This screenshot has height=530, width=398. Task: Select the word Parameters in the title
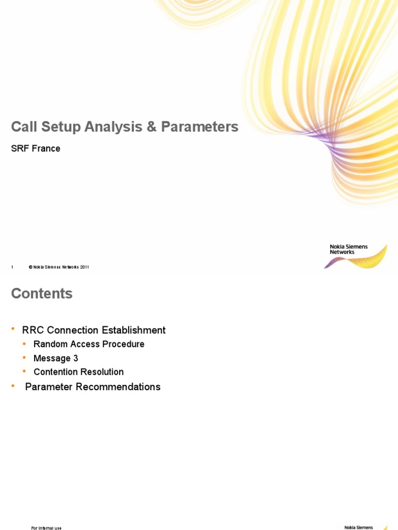pyautogui.click(x=200, y=127)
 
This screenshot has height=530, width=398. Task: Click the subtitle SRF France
pyautogui.click(x=36, y=149)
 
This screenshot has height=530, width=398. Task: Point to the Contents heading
pyautogui.click(x=42, y=293)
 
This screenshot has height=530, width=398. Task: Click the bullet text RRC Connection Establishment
pyautogui.click(x=94, y=330)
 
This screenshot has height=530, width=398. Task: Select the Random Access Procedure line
pyautogui.click(x=89, y=344)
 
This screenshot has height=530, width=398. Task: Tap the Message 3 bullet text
pyautogui.click(x=56, y=358)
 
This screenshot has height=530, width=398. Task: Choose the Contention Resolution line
pyautogui.click(x=78, y=372)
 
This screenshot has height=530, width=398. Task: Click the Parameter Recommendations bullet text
pyautogui.click(x=93, y=387)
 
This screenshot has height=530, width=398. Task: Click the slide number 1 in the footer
pyautogui.click(x=12, y=267)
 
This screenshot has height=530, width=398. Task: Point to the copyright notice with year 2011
pyautogui.click(x=59, y=267)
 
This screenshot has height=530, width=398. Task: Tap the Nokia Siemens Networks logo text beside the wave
pyautogui.click(x=348, y=249)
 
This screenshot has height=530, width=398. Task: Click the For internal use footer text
pyautogui.click(x=46, y=528)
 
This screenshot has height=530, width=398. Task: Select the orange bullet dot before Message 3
pyautogui.click(x=24, y=358)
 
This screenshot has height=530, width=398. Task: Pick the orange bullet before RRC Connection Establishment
pyautogui.click(x=13, y=330)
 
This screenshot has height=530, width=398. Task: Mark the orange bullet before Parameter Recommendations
pyautogui.click(x=13, y=386)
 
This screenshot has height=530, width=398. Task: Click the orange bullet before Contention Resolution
pyautogui.click(x=24, y=371)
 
